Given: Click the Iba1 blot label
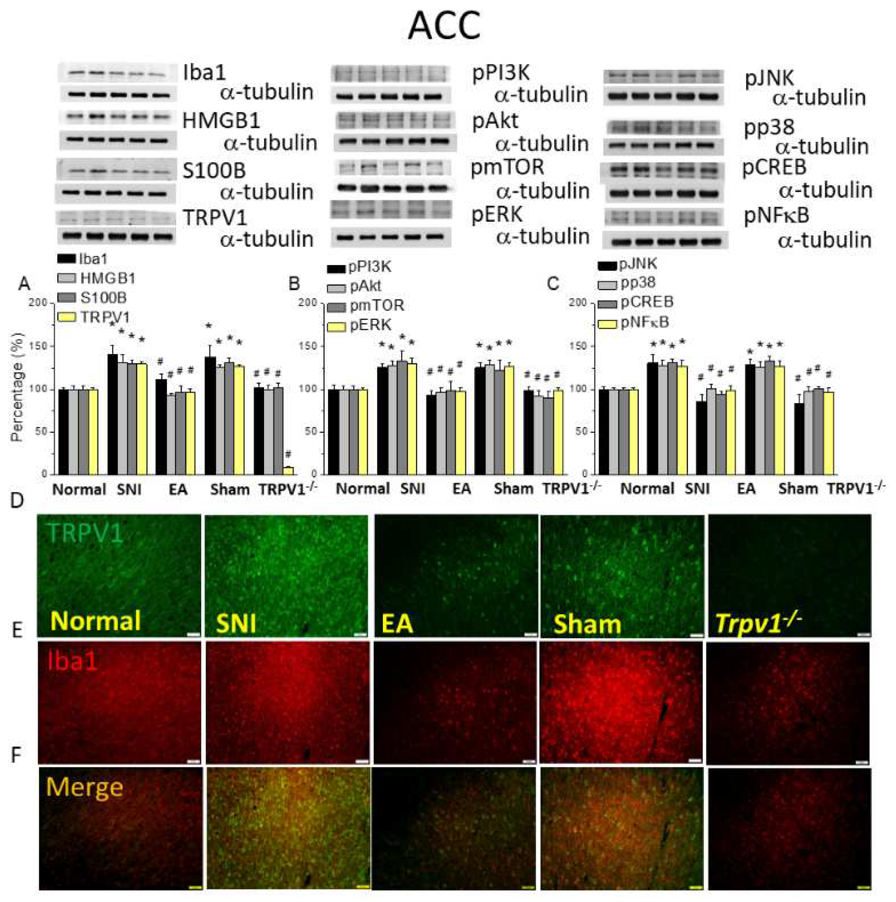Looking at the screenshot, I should coord(204,73).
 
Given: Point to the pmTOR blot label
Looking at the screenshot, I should coord(507,167).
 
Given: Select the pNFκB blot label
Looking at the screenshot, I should coord(776,216).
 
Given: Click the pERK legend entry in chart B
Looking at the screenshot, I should coord(370,325).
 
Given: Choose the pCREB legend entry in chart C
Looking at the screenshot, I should coord(647,302).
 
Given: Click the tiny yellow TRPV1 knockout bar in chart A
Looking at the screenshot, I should coord(288,470).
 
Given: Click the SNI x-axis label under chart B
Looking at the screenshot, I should coord(413,489).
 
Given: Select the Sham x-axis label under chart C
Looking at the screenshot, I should coord(798,489).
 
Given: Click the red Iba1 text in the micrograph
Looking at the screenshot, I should coord(72,661).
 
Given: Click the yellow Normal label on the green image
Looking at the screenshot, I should coord(96,621).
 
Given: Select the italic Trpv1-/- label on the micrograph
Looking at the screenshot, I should coord(758,623).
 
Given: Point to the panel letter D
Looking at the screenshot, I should coord(17,501).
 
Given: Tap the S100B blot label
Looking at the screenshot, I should coord(213,171).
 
